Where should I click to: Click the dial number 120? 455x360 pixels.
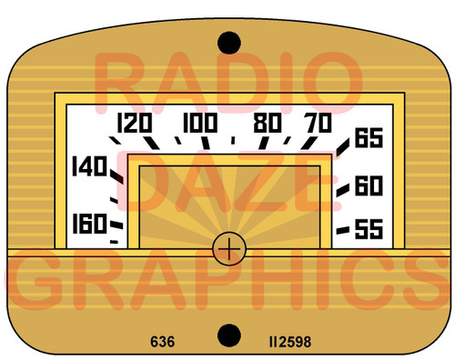[134, 123]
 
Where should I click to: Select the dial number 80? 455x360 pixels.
[268, 123]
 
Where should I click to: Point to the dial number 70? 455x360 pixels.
[318, 123]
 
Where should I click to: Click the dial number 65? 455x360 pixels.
[368, 139]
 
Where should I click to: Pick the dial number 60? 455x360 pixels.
[368, 185]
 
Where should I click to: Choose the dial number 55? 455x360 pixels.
[368, 229]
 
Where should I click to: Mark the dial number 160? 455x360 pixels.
[89, 221]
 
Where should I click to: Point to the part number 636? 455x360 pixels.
[163, 343]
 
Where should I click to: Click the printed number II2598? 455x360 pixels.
[290, 343]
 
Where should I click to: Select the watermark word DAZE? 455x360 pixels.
[227, 179]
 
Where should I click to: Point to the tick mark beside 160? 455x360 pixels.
[116, 224]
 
